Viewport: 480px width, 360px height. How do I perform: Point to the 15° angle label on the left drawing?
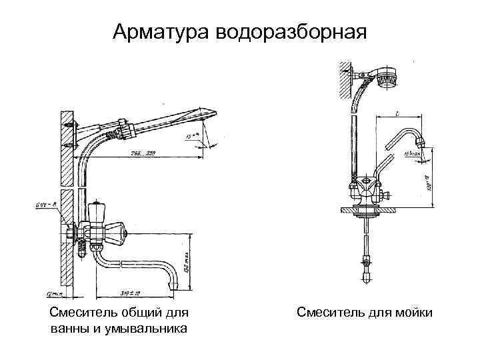pyautogui.click(x=192, y=138)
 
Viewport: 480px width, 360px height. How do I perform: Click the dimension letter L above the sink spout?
pyautogui.click(x=397, y=115)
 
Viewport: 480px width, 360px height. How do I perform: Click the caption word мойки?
pyautogui.click(x=413, y=312)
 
